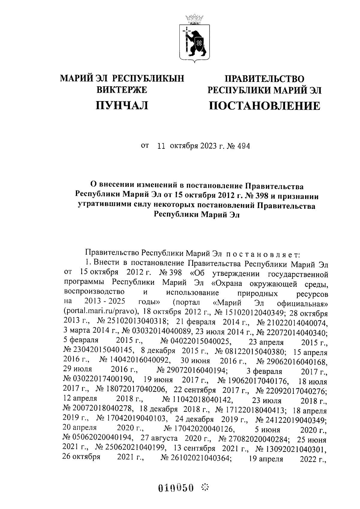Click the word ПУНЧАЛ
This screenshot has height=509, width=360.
point(122,105)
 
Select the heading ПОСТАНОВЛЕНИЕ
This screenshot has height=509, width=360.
point(264,106)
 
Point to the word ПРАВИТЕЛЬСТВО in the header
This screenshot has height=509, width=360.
point(265,79)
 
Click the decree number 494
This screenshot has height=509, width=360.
point(243,146)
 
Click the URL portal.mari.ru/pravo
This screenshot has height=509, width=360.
point(101,311)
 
